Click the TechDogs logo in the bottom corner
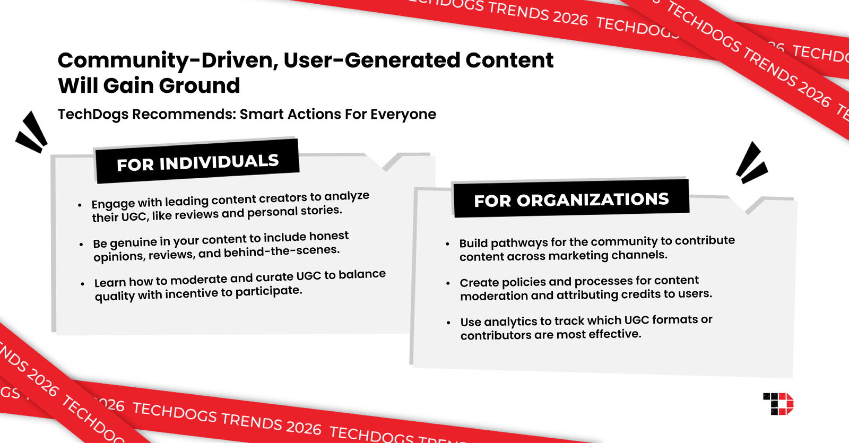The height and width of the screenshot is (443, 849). point(778,404)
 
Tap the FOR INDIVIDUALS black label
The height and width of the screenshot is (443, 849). point(197,162)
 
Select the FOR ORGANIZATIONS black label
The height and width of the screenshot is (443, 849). point(571,199)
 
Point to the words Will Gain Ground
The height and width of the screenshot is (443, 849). point(149,86)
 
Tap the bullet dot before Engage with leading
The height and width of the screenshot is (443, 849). point(80,205)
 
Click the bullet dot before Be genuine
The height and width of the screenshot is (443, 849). point(81,244)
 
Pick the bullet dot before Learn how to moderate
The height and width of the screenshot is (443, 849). point(82,284)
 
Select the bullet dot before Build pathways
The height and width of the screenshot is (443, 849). point(447,244)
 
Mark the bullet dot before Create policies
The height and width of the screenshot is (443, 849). point(448,283)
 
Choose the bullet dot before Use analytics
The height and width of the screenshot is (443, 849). point(449,323)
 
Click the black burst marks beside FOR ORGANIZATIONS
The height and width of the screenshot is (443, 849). point(751,163)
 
